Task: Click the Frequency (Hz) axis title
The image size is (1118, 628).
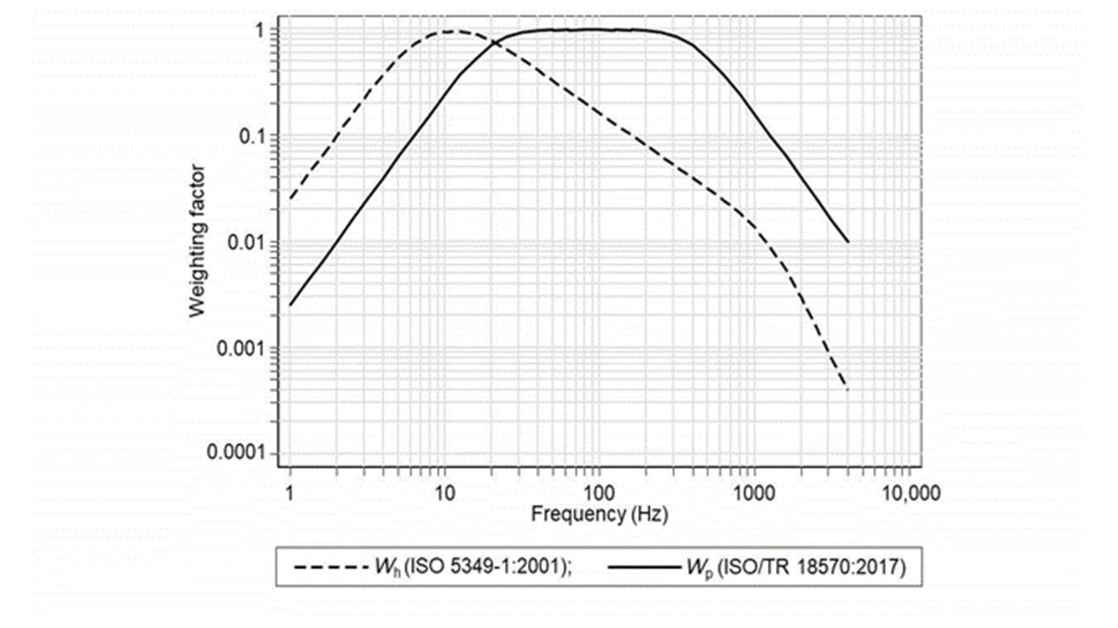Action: coord(600,515)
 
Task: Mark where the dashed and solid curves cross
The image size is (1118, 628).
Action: coord(494,43)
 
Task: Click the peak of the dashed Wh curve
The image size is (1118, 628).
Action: coord(451,31)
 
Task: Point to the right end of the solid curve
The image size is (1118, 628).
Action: coord(848,242)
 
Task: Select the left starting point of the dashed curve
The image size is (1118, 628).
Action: coord(290,199)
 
